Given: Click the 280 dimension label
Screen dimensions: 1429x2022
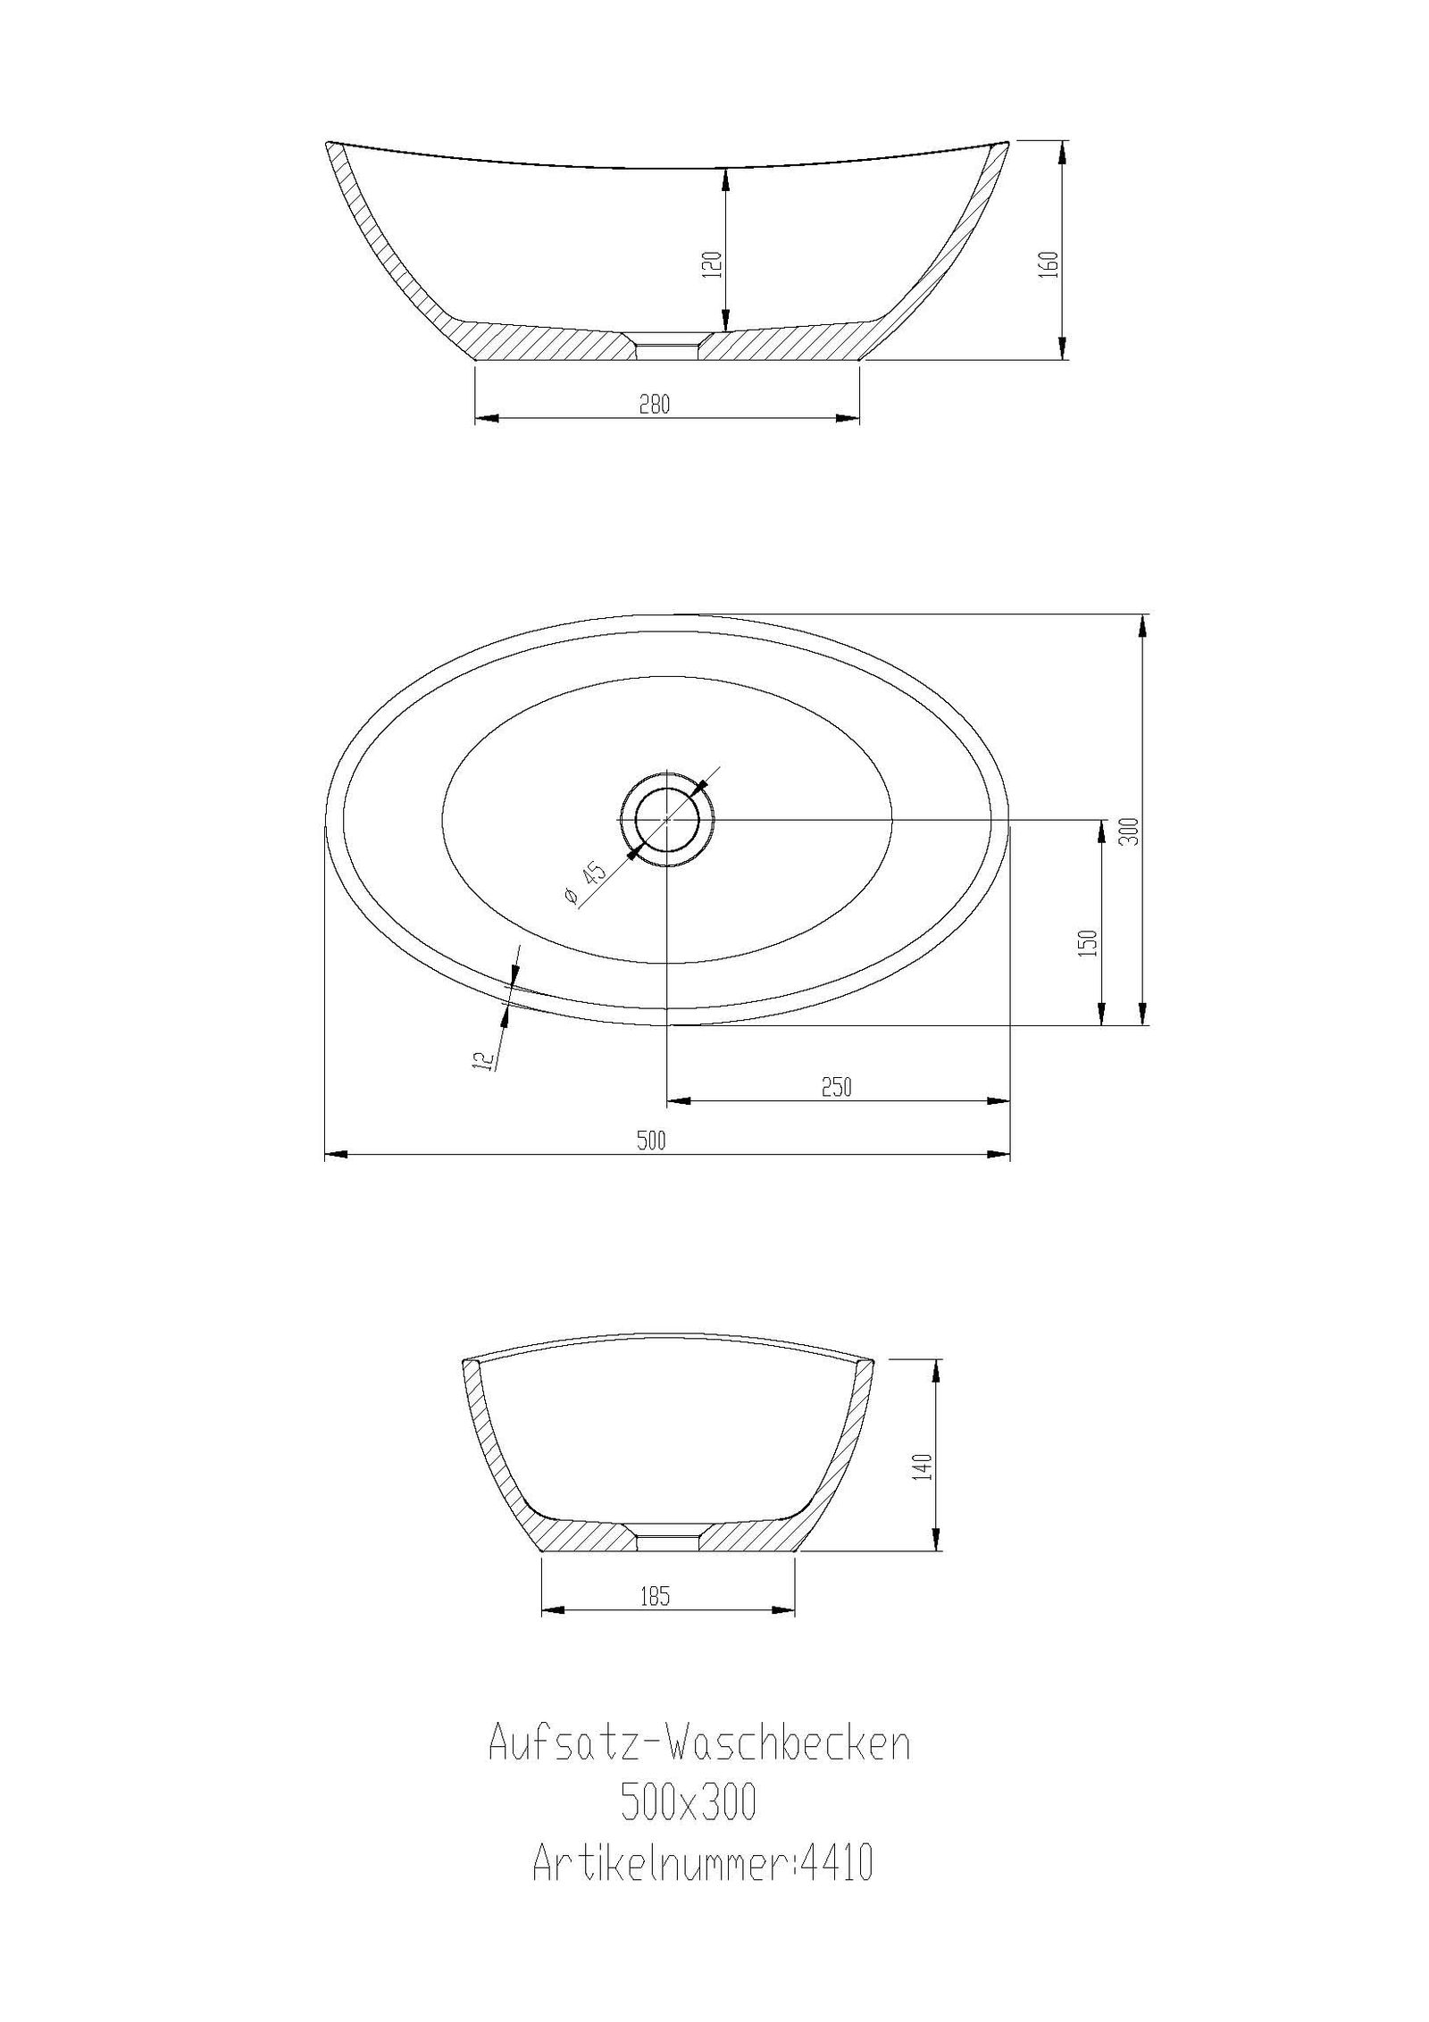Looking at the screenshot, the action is [654, 404].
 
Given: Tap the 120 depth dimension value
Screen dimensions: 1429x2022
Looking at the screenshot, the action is [712, 265].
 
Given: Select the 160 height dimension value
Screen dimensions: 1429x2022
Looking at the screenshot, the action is [1049, 264].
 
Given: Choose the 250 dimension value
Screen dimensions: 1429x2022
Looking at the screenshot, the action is [836, 1087].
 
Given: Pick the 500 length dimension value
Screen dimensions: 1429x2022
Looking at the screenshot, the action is [652, 1140].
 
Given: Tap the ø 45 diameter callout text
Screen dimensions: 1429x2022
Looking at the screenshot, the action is [585, 883].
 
